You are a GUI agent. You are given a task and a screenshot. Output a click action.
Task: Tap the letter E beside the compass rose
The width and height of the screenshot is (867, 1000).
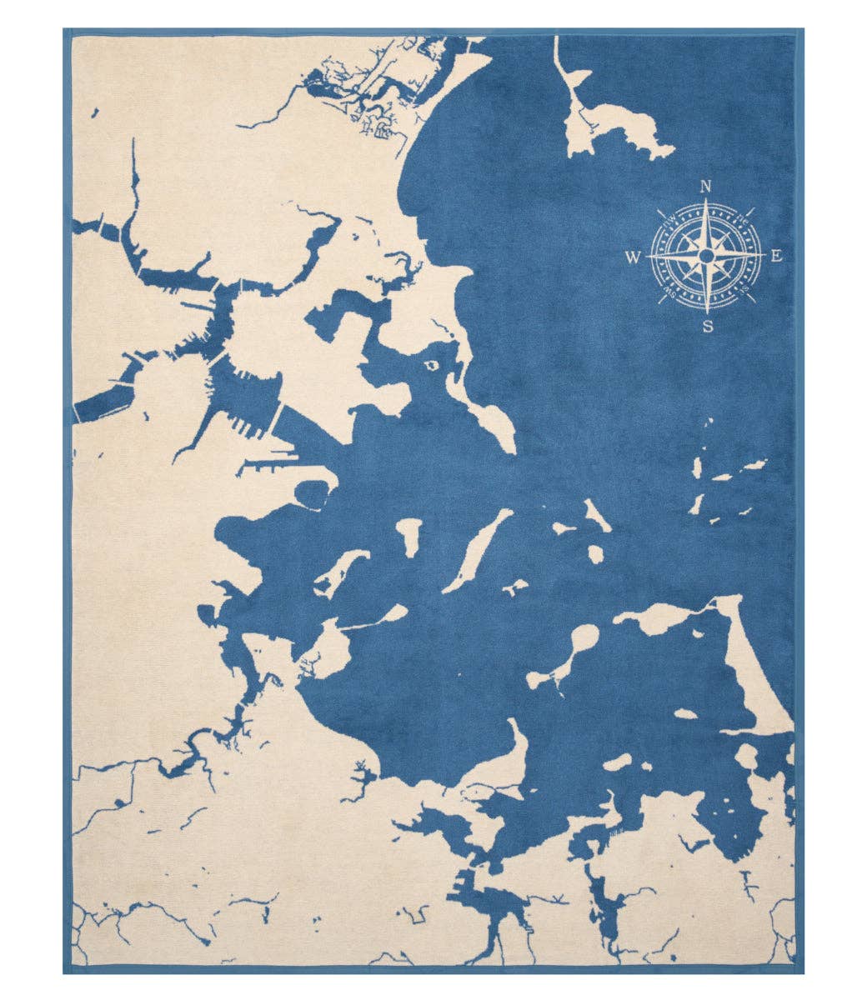click(776, 256)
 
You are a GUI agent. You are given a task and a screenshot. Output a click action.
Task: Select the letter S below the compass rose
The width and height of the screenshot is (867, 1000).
click(707, 326)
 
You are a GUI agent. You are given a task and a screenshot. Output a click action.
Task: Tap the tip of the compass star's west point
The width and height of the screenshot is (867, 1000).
click(649, 254)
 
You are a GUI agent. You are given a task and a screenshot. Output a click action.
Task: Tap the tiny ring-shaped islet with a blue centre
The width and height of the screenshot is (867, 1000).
click(432, 365)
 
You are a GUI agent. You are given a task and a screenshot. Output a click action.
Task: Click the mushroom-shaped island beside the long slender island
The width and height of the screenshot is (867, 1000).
click(409, 533)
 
